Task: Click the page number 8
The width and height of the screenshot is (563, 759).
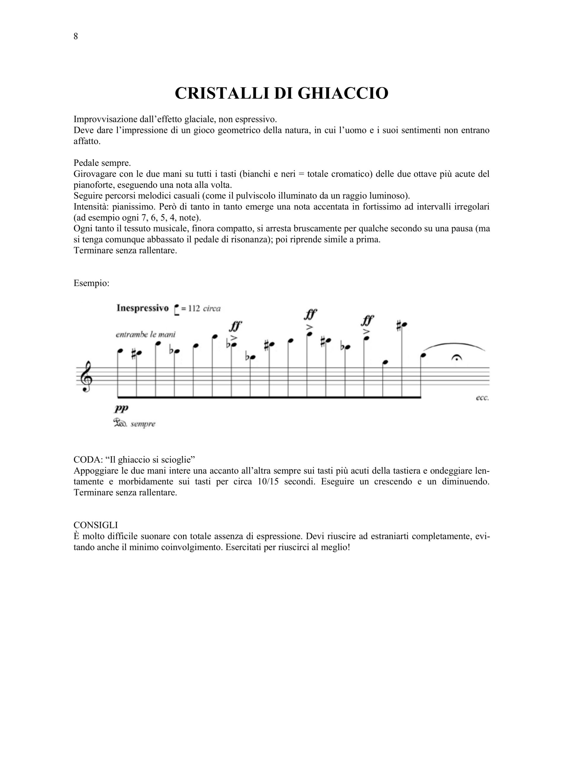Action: coord(76,36)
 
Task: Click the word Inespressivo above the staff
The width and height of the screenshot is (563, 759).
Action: coord(142,308)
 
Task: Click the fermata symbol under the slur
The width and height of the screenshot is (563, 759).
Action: coord(456,358)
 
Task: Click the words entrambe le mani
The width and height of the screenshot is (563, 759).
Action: coord(146,335)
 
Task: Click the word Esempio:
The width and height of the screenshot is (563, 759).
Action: coord(91,283)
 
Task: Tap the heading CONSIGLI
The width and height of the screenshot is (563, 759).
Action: coord(96,525)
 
